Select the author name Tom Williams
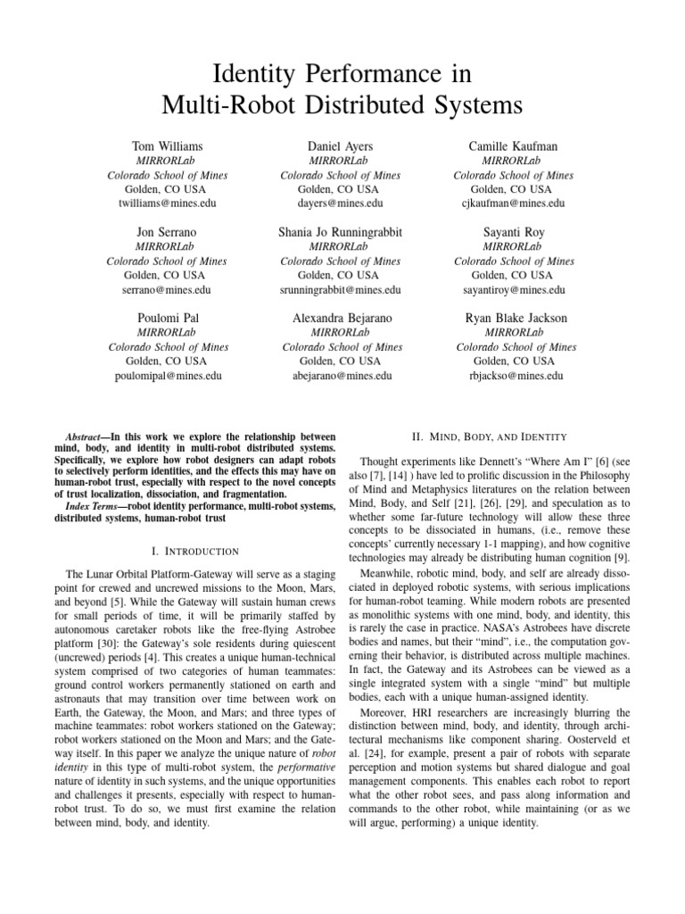(x=167, y=145)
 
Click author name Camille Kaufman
(x=513, y=145)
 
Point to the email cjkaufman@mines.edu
(x=515, y=204)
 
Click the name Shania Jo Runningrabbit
(x=340, y=232)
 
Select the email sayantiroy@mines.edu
(x=515, y=290)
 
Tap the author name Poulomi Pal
(x=167, y=318)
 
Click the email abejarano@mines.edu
(x=341, y=376)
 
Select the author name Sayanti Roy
(x=513, y=232)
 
